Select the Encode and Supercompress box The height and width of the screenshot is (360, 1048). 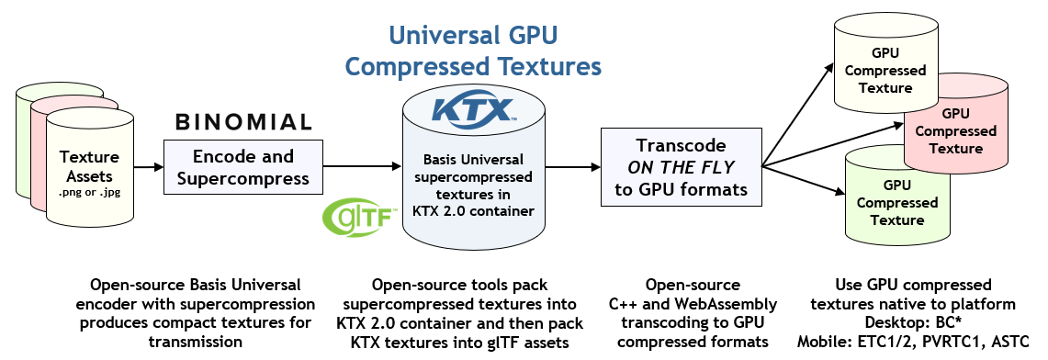[x=243, y=167]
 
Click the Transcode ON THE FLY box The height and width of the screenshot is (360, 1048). [x=681, y=168]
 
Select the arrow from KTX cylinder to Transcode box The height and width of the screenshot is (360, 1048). [x=568, y=167]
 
